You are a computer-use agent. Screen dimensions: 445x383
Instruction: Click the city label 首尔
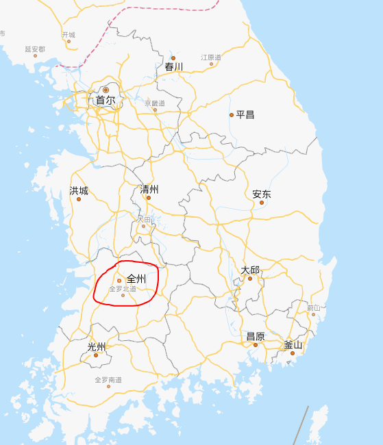(x=105, y=100)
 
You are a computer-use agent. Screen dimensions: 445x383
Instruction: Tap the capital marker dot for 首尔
(x=106, y=90)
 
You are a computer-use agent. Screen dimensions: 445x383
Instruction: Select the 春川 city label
(x=174, y=67)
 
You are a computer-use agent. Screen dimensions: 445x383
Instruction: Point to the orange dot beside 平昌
(x=232, y=115)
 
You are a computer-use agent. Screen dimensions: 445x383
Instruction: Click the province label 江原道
(x=211, y=58)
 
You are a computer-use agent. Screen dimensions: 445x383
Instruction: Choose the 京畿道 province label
(x=155, y=103)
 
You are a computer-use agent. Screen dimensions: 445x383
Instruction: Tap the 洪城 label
(x=79, y=191)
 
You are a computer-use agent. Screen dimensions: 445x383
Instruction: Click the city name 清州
(x=149, y=189)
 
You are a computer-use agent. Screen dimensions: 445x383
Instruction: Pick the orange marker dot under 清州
(x=148, y=198)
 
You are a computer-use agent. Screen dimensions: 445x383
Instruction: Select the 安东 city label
(x=262, y=194)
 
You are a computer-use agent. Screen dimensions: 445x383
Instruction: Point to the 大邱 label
(x=250, y=270)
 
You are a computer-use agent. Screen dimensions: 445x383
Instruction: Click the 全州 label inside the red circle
(x=136, y=279)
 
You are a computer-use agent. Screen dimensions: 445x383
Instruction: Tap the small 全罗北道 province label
(x=122, y=289)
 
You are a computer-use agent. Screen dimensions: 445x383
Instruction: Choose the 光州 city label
(x=97, y=346)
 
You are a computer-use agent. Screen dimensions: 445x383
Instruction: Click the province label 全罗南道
(x=108, y=379)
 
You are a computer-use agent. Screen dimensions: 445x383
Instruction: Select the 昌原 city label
(x=256, y=336)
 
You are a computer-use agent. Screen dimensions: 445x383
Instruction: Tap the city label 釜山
(x=293, y=344)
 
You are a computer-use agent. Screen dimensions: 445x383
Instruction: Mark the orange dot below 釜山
(x=292, y=353)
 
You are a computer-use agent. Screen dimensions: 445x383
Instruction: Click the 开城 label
(x=69, y=34)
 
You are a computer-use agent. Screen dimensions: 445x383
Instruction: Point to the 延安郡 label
(x=35, y=49)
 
